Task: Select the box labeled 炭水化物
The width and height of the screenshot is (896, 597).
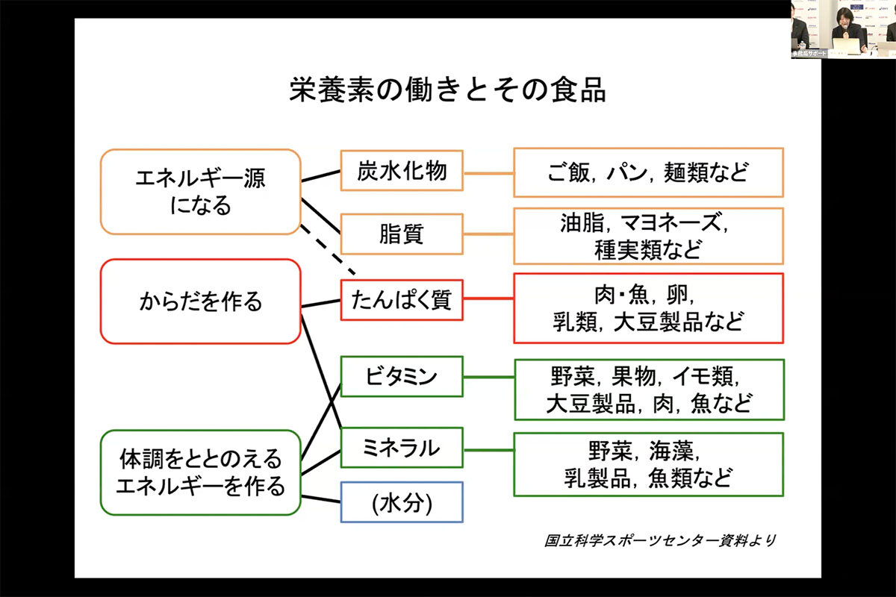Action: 402,172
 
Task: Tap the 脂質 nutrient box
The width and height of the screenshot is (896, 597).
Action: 402,234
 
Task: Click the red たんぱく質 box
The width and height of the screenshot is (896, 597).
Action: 402,300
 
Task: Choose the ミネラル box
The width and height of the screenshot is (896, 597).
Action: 402,448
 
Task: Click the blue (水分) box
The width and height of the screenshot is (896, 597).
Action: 402,501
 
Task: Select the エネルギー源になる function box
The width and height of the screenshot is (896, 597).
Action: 200,192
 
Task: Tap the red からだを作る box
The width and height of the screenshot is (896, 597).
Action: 200,301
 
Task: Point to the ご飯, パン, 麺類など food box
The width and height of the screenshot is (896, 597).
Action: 648,172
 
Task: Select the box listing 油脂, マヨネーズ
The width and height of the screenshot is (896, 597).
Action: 648,236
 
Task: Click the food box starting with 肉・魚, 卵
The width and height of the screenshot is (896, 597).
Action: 648,307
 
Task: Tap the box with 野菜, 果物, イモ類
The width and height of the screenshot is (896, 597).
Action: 648,389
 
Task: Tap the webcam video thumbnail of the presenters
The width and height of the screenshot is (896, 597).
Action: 843,29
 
